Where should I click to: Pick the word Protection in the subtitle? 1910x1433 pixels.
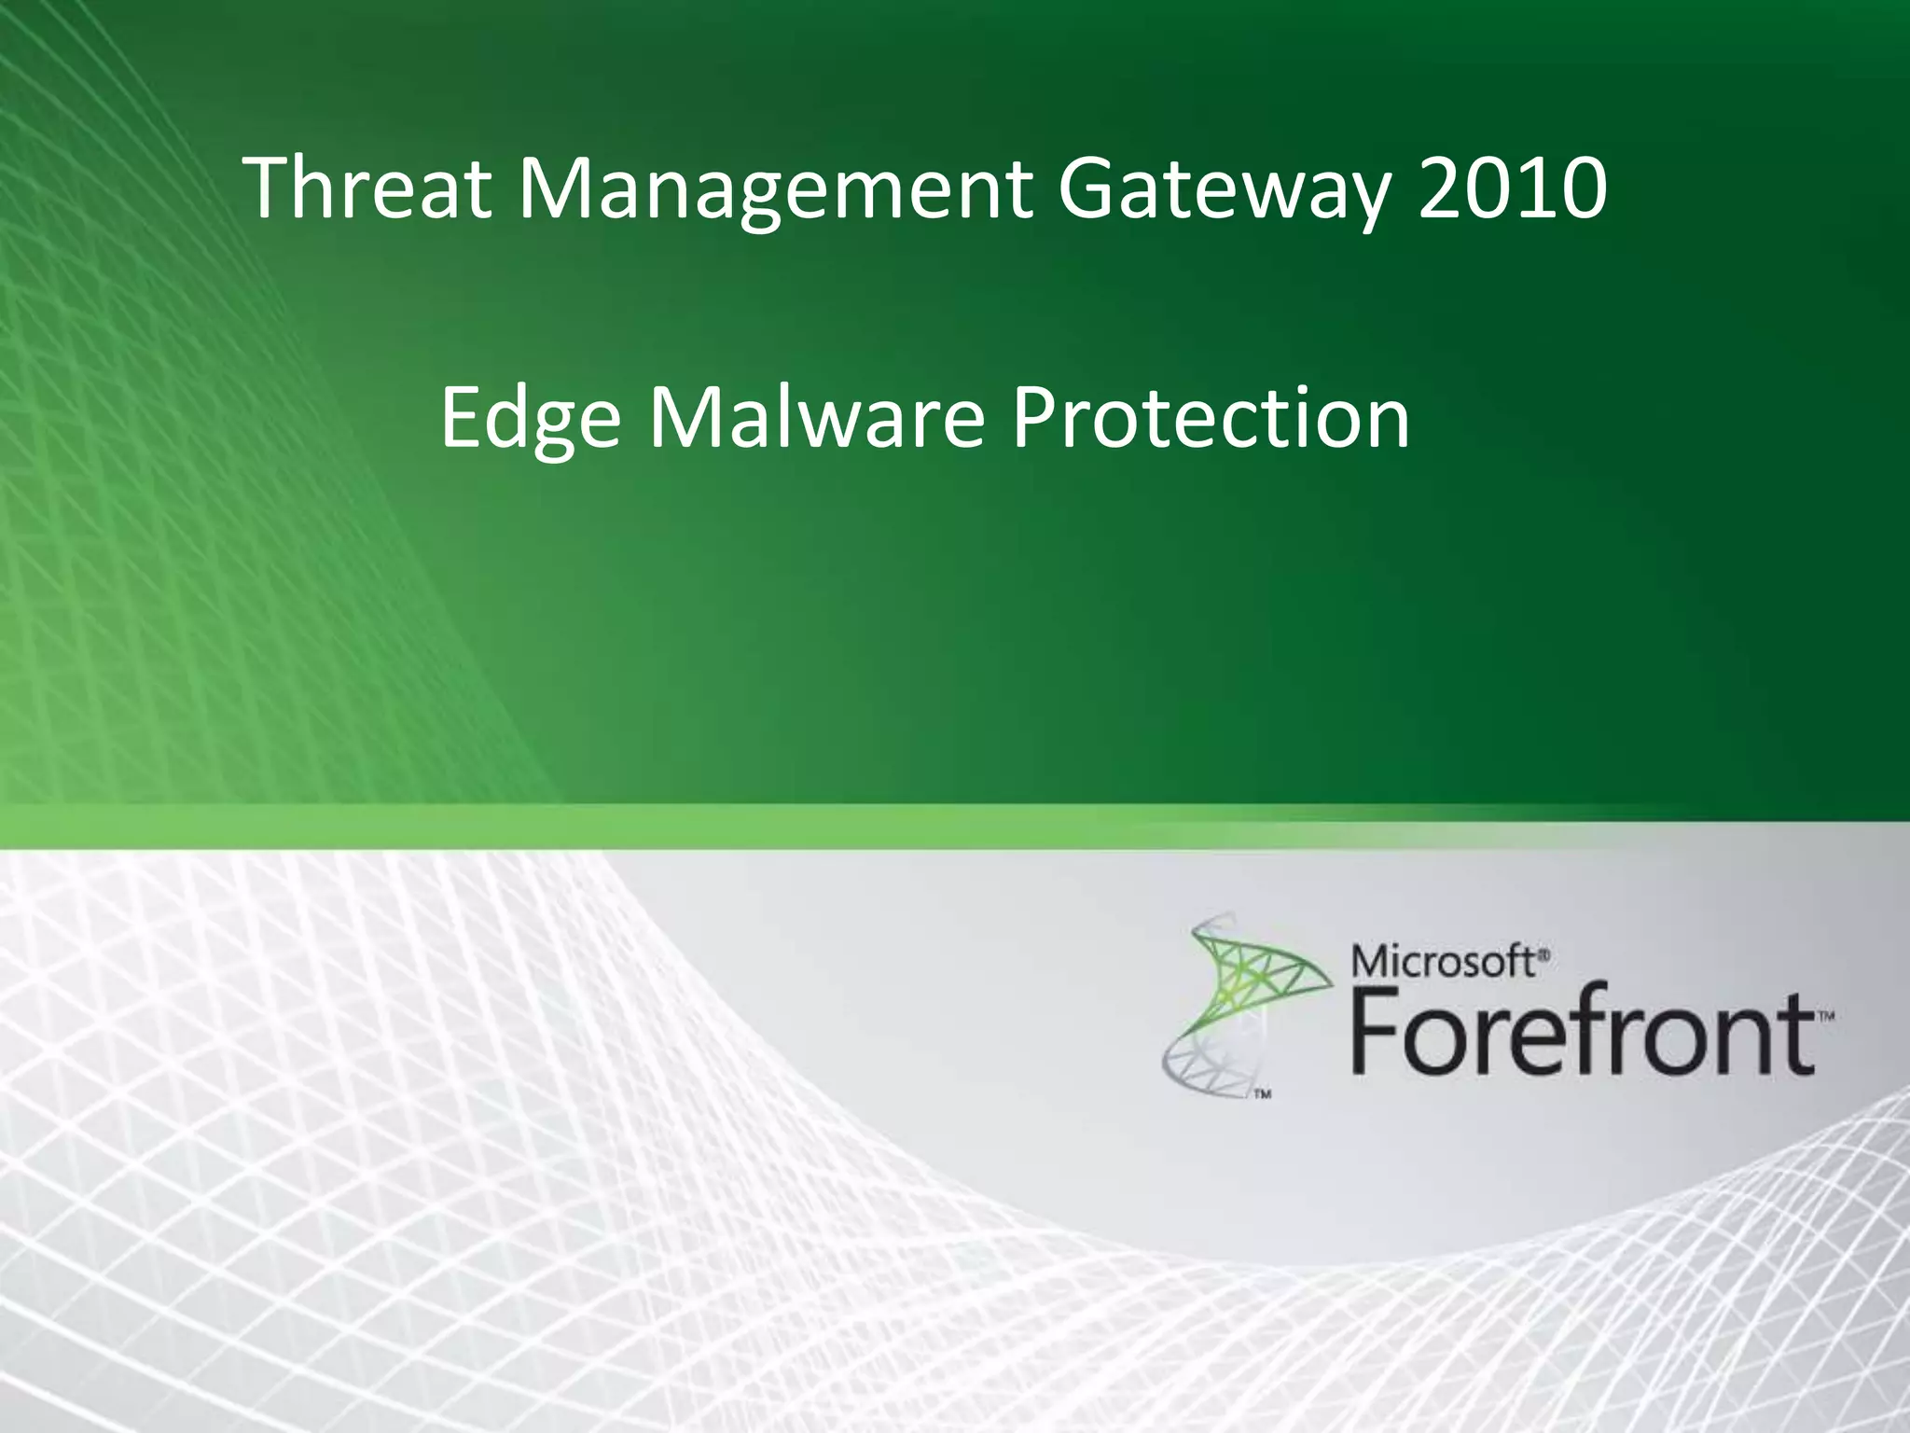(1211, 417)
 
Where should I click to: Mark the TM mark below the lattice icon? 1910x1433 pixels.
(1262, 1095)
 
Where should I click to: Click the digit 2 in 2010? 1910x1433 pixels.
(1443, 189)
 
